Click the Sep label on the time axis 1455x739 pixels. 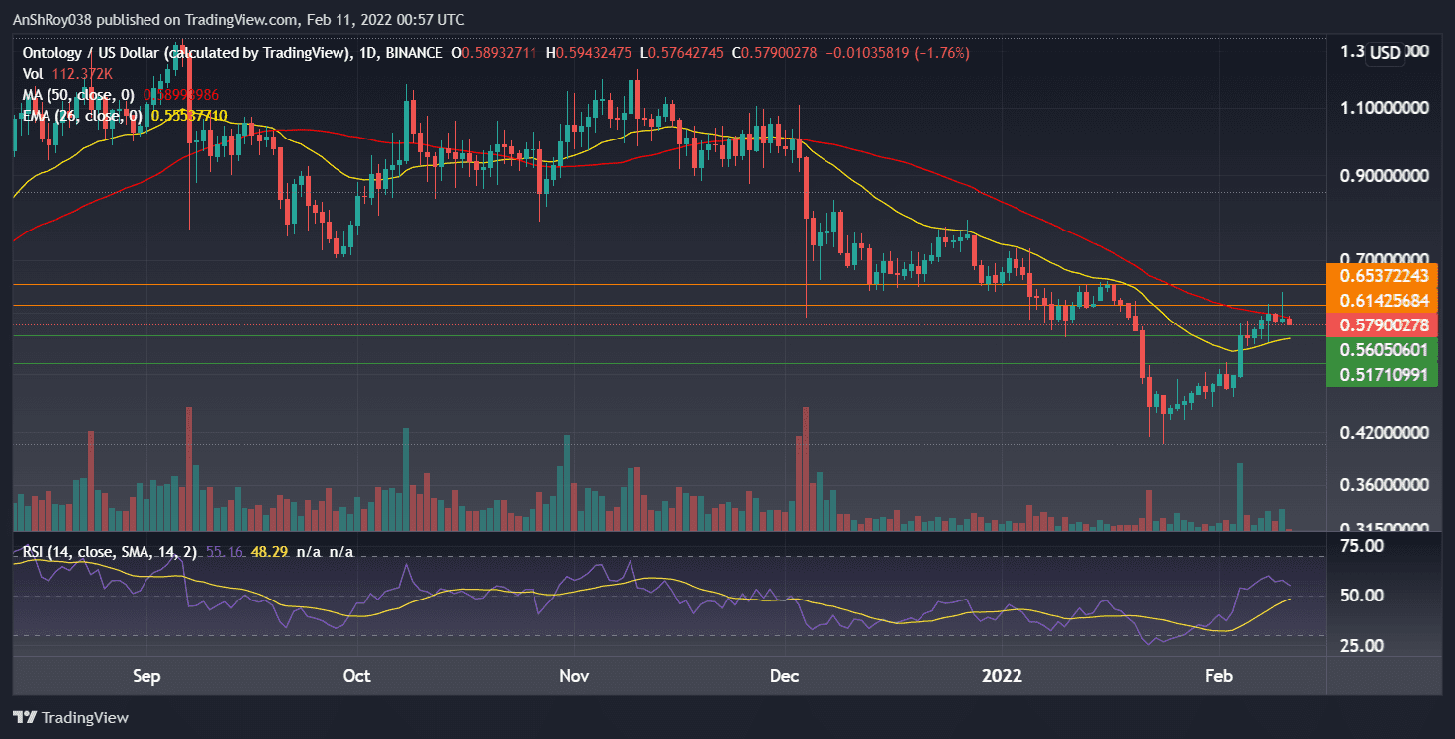coord(146,676)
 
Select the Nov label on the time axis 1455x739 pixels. coord(574,676)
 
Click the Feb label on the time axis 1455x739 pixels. coord(1218,676)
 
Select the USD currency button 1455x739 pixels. coord(1385,53)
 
